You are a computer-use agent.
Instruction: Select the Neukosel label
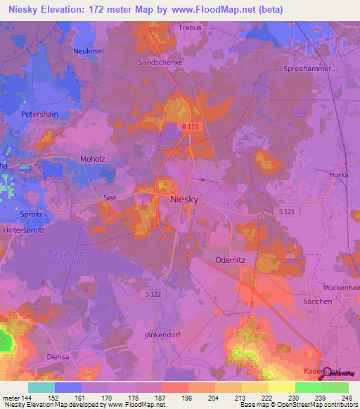click(x=89, y=51)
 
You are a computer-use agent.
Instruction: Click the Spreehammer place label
click(x=306, y=69)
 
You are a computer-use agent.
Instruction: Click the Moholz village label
click(x=92, y=159)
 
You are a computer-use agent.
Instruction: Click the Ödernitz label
click(x=228, y=259)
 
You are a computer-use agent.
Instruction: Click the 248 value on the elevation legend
click(x=347, y=398)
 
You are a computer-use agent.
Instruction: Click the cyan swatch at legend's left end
click(x=41, y=387)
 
